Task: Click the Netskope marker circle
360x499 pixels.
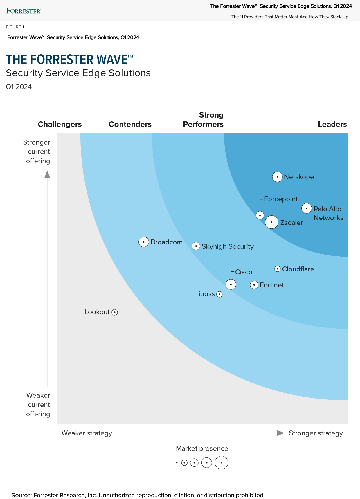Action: click(x=277, y=176)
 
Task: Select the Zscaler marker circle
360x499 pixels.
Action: click(x=271, y=222)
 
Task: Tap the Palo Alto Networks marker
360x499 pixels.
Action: click(x=307, y=208)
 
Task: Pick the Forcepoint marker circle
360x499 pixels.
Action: click(x=260, y=215)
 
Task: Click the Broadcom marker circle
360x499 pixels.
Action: click(x=144, y=242)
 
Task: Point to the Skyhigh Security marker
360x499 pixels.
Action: click(x=196, y=246)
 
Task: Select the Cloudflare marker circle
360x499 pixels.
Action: click(x=277, y=269)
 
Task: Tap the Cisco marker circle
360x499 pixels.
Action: click(x=231, y=284)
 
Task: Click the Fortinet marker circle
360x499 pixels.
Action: click(x=254, y=285)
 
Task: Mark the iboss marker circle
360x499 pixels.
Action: click(x=219, y=294)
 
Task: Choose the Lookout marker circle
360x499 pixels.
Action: click(x=115, y=312)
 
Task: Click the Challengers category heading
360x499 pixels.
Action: click(x=60, y=124)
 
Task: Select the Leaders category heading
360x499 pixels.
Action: click(x=332, y=124)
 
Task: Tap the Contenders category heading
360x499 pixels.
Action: click(x=130, y=124)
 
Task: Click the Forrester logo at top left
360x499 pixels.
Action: click(x=24, y=11)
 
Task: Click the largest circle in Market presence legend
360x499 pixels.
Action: click(x=221, y=463)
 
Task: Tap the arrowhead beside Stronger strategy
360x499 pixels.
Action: click(x=280, y=433)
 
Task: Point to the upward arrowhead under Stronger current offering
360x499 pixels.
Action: click(x=47, y=174)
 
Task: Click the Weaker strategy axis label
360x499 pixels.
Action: click(x=87, y=433)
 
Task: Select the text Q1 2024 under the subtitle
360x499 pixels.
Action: click(x=19, y=87)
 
